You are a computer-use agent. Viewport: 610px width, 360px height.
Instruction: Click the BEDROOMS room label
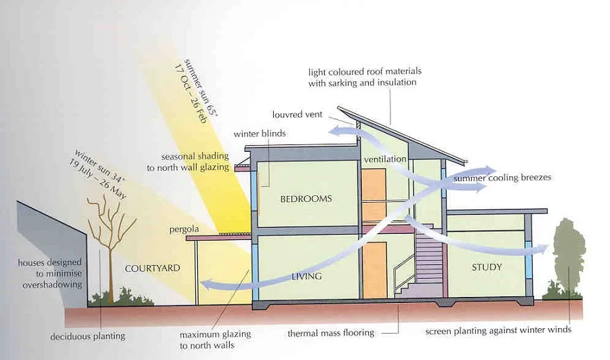pyautogui.click(x=306, y=199)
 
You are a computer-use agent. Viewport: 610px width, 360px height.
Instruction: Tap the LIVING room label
pyautogui.click(x=306, y=277)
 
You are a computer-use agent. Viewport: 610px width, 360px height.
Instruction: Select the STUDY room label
pyautogui.click(x=487, y=267)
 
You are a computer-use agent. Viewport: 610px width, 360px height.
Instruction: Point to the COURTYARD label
pyautogui.click(x=152, y=268)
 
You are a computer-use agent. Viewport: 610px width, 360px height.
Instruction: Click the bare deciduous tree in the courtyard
pyautogui.click(x=110, y=249)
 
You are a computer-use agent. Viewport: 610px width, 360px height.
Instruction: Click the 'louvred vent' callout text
pyautogui.click(x=298, y=115)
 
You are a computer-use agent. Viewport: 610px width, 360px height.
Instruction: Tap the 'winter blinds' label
pyautogui.click(x=260, y=134)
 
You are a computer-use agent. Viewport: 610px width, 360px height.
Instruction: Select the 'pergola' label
pyautogui.click(x=184, y=230)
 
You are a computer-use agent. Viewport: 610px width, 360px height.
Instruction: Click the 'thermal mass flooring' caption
pyautogui.click(x=331, y=333)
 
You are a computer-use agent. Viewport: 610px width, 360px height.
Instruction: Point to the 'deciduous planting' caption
pyautogui.click(x=87, y=336)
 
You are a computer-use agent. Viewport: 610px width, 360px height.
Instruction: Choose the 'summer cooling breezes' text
pyautogui.click(x=502, y=178)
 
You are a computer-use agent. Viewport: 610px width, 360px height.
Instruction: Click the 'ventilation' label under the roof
pyautogui.click(x=385, y=159)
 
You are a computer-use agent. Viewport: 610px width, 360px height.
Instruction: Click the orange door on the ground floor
pyautogui.click(x=375, y=270)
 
